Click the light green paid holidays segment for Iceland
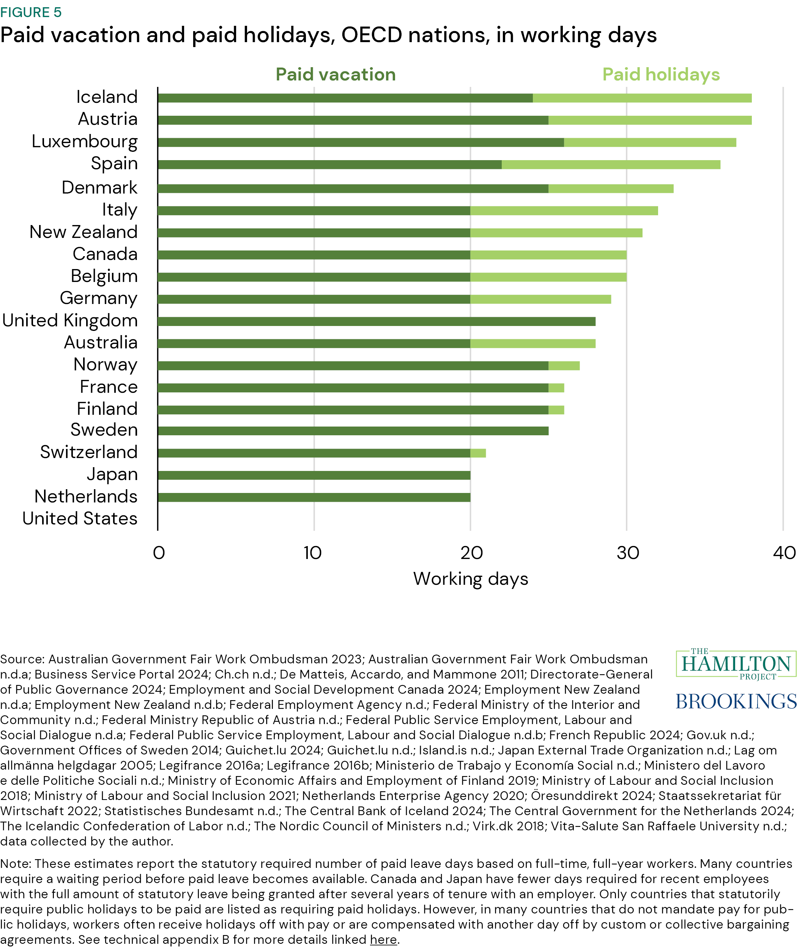pos(642,98)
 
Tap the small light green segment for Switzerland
pos(478,453)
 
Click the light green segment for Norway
pos(564,365)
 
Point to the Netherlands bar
pos(314,497)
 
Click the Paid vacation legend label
pos(335,74)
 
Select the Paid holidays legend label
pos(661,74)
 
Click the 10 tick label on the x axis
pos(312,553)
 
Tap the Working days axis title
pos(471,579)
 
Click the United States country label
pos(80,518)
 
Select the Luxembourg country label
pos(85,141)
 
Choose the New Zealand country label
pos(83,232)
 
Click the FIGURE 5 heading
pos(31,12)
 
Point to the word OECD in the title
pos(371,35)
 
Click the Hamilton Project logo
pos(736,664)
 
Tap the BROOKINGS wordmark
pos(736,701)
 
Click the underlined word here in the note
pos(383,939)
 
